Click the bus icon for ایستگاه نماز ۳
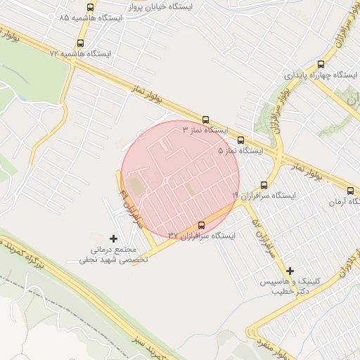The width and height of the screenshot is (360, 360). click(206, 120)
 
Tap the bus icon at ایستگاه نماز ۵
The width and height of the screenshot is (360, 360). click(241, 140)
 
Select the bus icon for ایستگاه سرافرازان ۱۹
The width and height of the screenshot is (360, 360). click(264, 184)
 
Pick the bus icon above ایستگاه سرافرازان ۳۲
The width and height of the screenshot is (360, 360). click(202, 225)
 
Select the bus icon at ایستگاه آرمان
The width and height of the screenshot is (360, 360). click(351, 190)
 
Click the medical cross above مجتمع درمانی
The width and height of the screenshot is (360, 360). click(114, 239)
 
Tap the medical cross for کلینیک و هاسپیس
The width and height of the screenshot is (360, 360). click(290, 271)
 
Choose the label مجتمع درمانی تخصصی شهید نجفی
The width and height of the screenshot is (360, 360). click(116, 255)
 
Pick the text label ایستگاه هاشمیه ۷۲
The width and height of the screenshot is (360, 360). click(81, 53)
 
